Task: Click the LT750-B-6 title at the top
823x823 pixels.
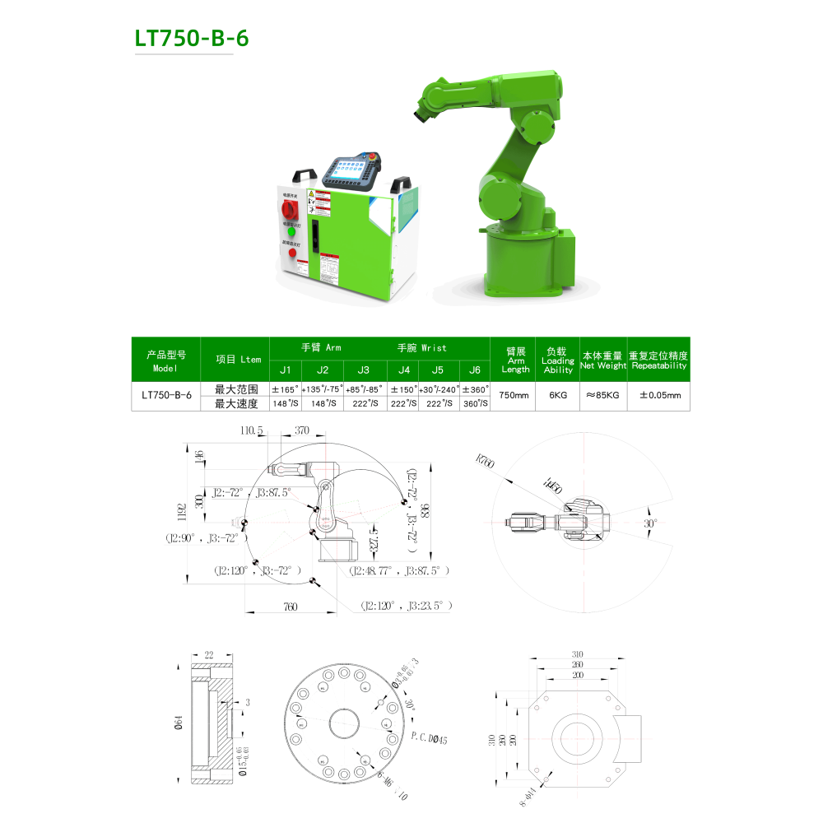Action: click(192, 39)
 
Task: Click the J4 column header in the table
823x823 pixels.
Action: click(403, 370)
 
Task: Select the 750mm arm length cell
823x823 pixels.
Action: click(514, 396)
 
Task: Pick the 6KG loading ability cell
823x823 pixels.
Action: click(557, 396)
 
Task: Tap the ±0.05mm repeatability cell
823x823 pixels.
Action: click(659, 396)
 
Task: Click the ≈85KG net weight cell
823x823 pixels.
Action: click(602, 396)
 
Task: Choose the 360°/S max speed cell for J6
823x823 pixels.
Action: click(475, 403)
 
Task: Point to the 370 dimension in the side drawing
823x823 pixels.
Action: click(302, 430)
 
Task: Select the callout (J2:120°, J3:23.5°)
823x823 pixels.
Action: click(407, 605)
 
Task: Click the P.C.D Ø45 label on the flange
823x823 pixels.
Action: click(428, 739)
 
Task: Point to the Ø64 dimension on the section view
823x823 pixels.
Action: click(179, 723)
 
